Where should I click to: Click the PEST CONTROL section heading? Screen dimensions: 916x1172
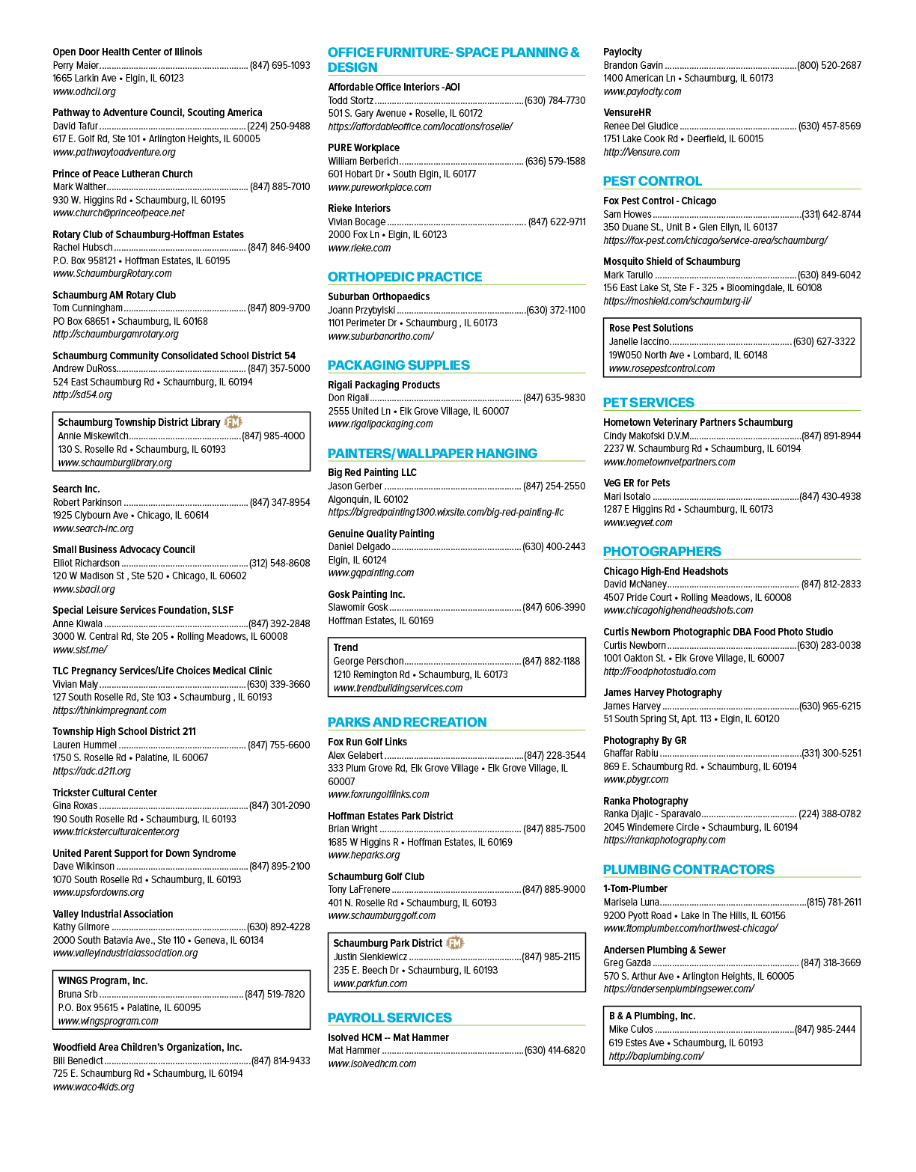652,181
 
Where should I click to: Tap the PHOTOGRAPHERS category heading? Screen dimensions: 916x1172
662,552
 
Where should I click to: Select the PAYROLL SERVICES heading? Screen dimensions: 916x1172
389,1018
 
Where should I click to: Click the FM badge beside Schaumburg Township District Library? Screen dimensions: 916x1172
233,422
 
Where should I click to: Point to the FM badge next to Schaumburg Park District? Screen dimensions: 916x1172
455,942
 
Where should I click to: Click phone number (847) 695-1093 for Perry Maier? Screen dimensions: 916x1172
280,65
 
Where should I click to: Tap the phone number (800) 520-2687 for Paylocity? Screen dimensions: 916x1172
829,65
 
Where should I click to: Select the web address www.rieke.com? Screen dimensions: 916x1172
359,248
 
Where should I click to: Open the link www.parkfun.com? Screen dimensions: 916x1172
370,983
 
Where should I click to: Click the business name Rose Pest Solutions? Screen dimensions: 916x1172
651,328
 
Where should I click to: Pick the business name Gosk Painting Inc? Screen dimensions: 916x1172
367,594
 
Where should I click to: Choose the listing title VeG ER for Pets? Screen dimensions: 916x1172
637,483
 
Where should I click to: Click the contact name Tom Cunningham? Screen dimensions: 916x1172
88,308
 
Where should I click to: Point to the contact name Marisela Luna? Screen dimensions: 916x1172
632,902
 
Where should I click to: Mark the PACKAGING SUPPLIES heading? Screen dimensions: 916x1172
398,365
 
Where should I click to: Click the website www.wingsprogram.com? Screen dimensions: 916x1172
108,1021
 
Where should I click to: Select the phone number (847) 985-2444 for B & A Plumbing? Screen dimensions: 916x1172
825,1029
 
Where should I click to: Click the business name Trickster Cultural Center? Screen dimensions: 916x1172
105,793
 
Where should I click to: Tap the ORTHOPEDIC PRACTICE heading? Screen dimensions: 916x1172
404,277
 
